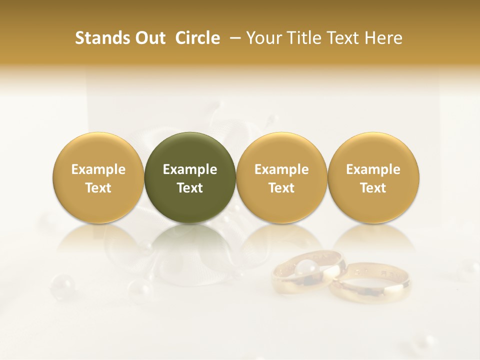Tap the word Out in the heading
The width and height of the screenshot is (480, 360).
coord(148,38)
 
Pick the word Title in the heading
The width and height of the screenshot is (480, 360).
coord(303,38)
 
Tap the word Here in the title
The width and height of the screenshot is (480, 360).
coord(383,38)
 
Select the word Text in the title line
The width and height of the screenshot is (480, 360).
coord(343,38)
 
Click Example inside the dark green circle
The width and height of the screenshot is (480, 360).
coord(190,169)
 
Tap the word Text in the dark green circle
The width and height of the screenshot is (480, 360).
coord(190,188)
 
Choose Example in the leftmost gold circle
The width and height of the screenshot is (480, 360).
coord(98,169)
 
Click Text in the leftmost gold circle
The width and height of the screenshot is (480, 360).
coord(98,188)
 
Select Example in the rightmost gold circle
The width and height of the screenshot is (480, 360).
coord(373,169)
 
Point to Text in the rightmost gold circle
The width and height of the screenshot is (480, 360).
coord(373,188)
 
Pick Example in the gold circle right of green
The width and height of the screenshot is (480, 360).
coord(281,169)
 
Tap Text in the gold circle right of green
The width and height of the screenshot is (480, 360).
coord(281,188)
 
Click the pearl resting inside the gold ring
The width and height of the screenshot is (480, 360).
coord(306,269)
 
